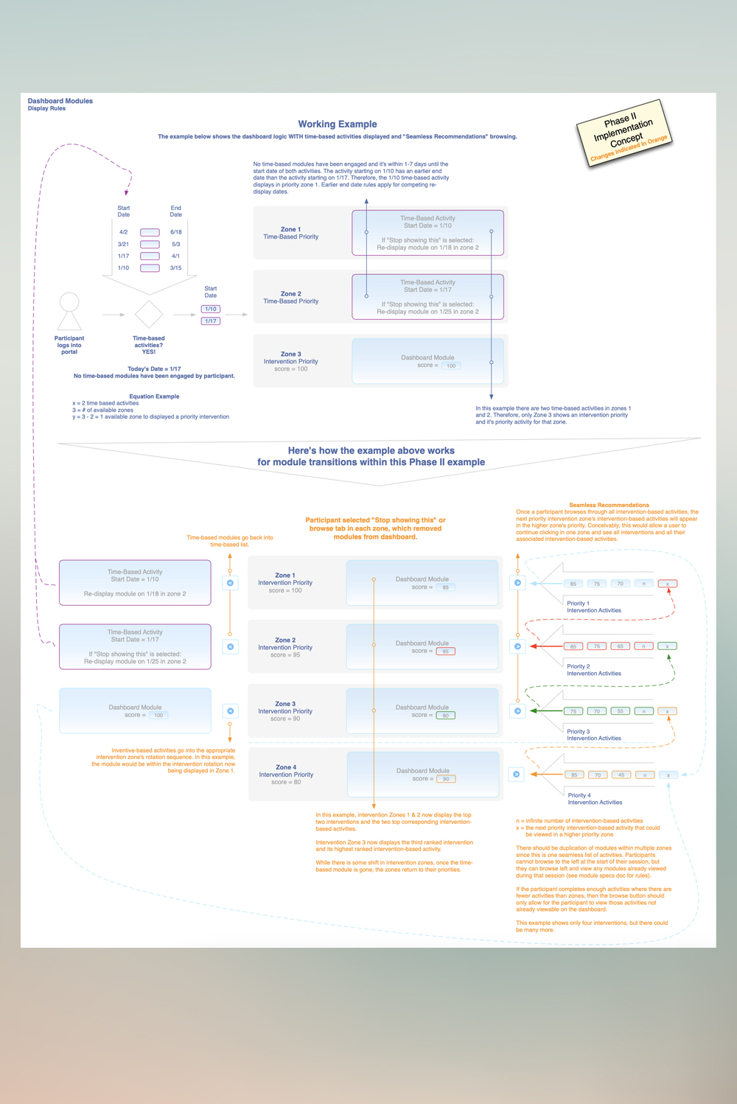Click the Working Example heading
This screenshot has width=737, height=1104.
click(337, 125)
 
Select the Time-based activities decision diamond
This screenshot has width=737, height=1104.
click(149, 315)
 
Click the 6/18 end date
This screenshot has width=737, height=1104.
click(176, 232)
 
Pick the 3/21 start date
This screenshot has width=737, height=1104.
click(123, 244)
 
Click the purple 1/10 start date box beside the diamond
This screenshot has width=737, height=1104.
click(211, 310)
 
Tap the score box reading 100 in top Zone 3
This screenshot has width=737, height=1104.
click(450, 366)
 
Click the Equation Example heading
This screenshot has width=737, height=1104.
click(154, 396)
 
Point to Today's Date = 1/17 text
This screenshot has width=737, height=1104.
click(154, 369)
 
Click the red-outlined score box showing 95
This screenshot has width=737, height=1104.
click(445, 651)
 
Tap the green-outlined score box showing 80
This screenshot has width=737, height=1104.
click(445, 716)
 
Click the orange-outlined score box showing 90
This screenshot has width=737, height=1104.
click(446, 779)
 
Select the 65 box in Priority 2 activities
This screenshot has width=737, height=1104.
click(621, 646)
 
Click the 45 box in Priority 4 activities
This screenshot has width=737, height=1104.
click(621, 775)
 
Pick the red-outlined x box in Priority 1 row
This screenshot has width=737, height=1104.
click(668, 584)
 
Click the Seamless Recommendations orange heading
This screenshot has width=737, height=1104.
click(609, 505)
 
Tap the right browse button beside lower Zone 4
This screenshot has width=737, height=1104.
click(517, 775)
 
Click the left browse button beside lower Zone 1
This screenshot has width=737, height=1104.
click(230, 583)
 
